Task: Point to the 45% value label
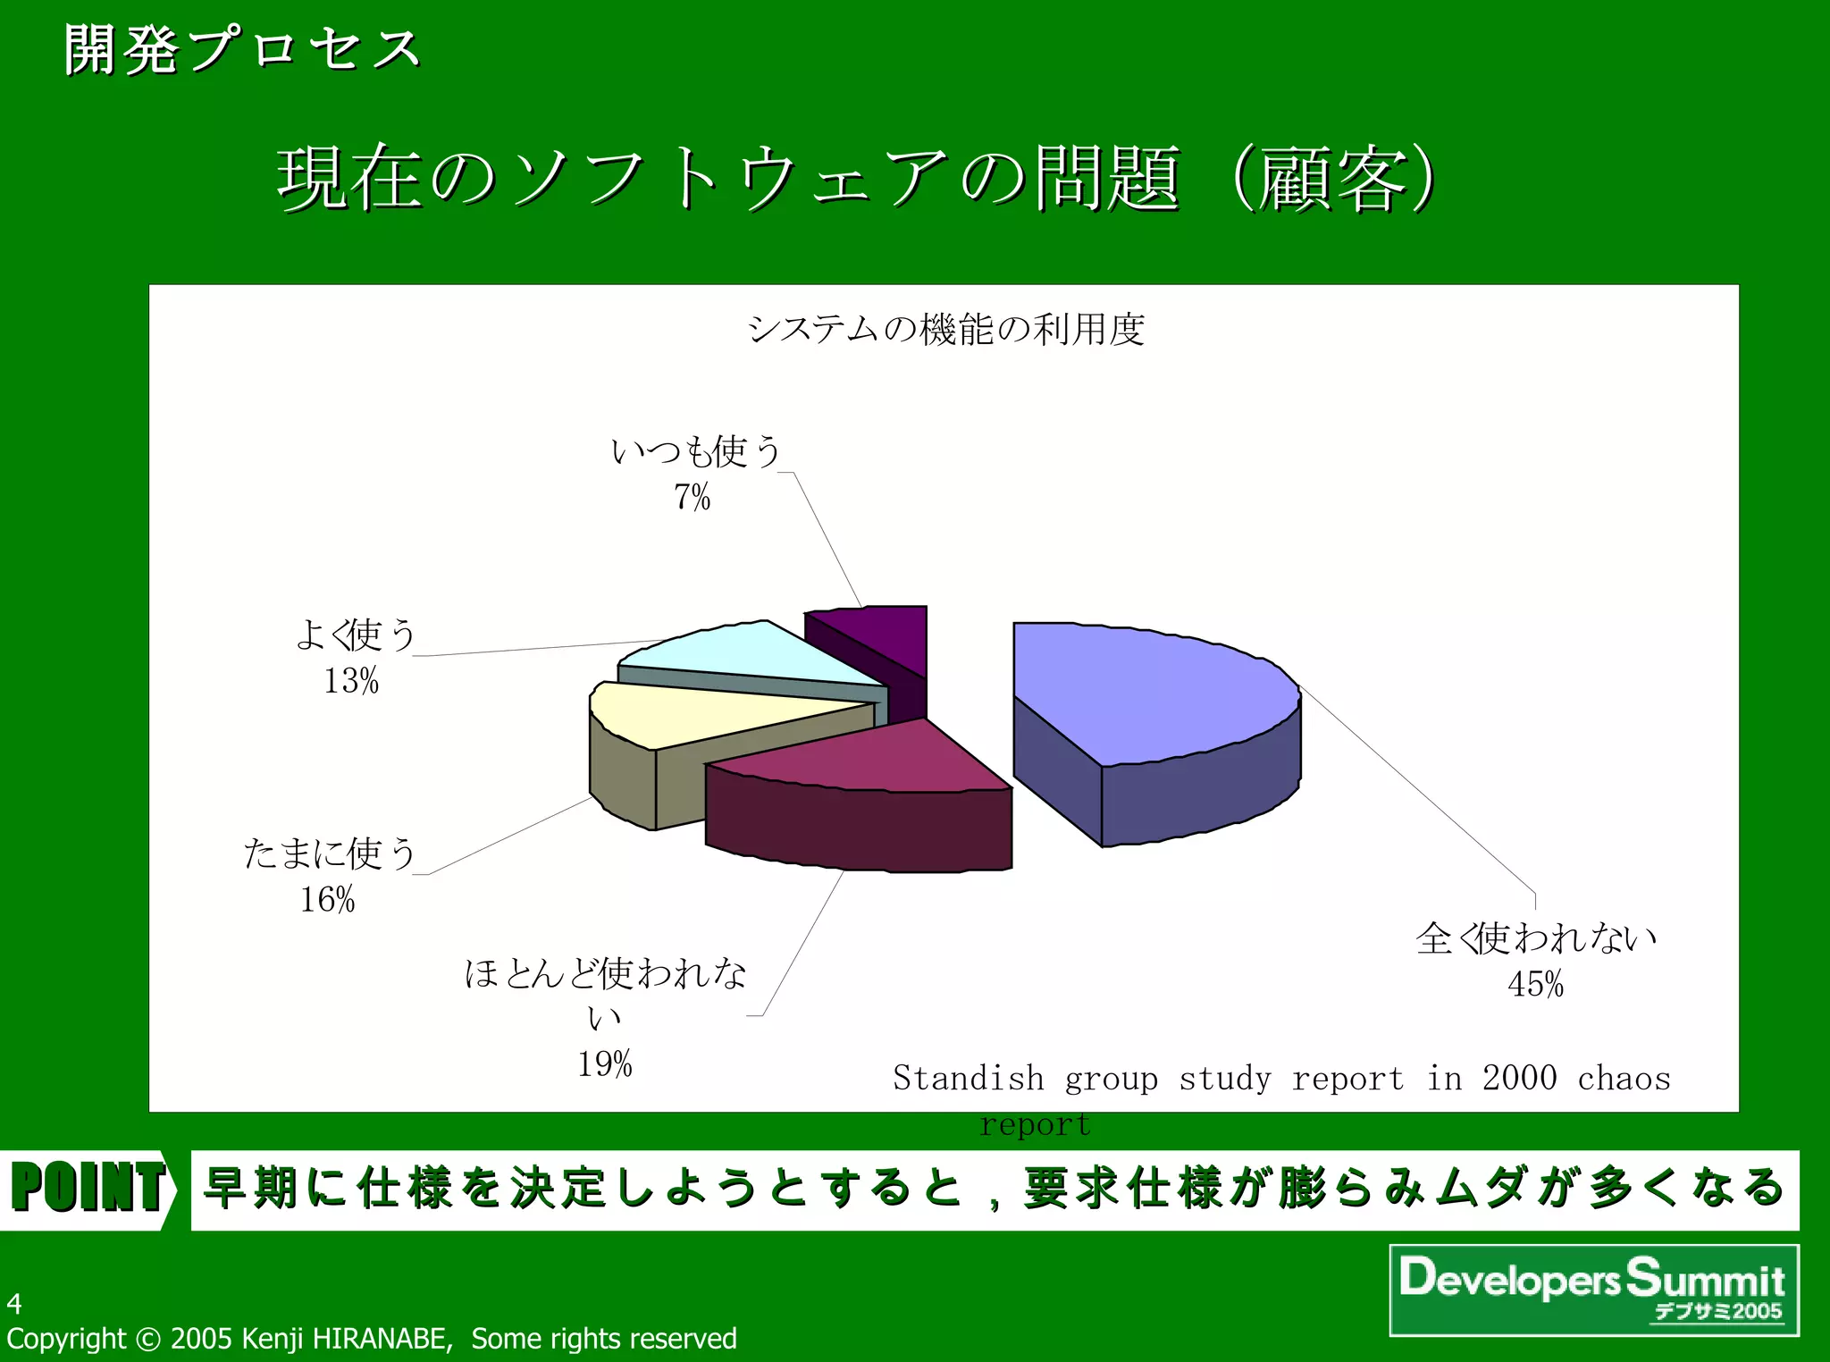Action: tap(1535, 984)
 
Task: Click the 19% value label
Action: tap(604, 1064)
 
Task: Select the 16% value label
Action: tap(327, 899)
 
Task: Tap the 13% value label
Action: tap(350, 681)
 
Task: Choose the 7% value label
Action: tap(692, 497)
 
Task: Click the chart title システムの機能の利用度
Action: tap(945, 329)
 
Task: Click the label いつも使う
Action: tap(695, 451)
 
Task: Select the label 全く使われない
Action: tap(1535, 938)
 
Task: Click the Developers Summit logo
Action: tap(1593, 1289)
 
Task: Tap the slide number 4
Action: tap(14, 1304)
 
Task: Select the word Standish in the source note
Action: tap(968, 1078)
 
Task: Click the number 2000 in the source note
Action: tap(1519, 1078)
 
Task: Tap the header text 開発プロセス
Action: tap(241, 50)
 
